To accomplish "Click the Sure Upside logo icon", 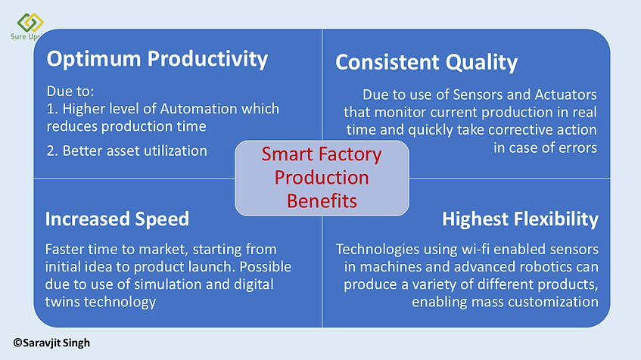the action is [30, 22].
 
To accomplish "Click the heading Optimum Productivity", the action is [157, 59].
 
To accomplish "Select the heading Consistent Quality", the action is [426, 63].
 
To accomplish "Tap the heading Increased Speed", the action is [117, 219].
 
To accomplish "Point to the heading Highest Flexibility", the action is [520, 219].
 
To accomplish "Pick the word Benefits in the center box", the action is [322, 201].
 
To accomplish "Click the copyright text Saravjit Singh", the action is [51, 343].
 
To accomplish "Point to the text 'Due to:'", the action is [70, 91].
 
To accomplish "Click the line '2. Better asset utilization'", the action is [126, 151].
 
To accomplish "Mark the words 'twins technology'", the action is [101, 302].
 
